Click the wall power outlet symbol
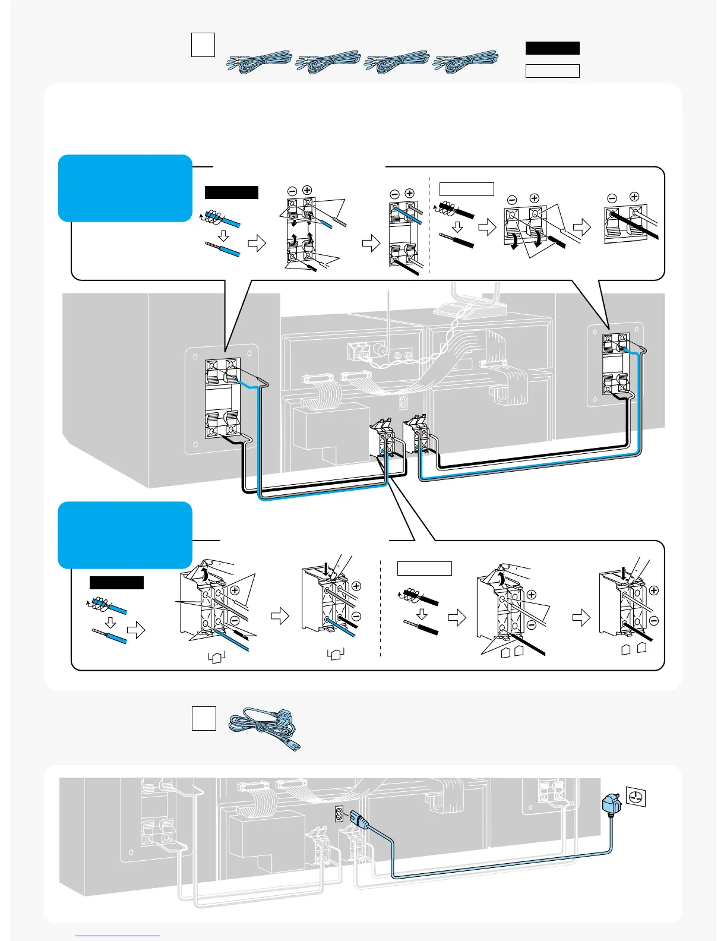(636, 798)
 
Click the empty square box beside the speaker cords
(203, 45)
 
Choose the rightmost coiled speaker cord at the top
(466, 62)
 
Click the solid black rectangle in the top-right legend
(552, 48)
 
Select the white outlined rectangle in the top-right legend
(552, 71)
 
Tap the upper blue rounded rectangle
(125, 188)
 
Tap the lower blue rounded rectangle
(125, 535)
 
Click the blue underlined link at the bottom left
(118, 936)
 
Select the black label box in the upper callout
(232, 192)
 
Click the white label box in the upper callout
(466, 189)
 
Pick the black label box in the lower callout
(116, 582)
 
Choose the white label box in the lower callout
(424, 568)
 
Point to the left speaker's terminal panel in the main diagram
(222, 399)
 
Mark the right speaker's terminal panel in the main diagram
(615, 365)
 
